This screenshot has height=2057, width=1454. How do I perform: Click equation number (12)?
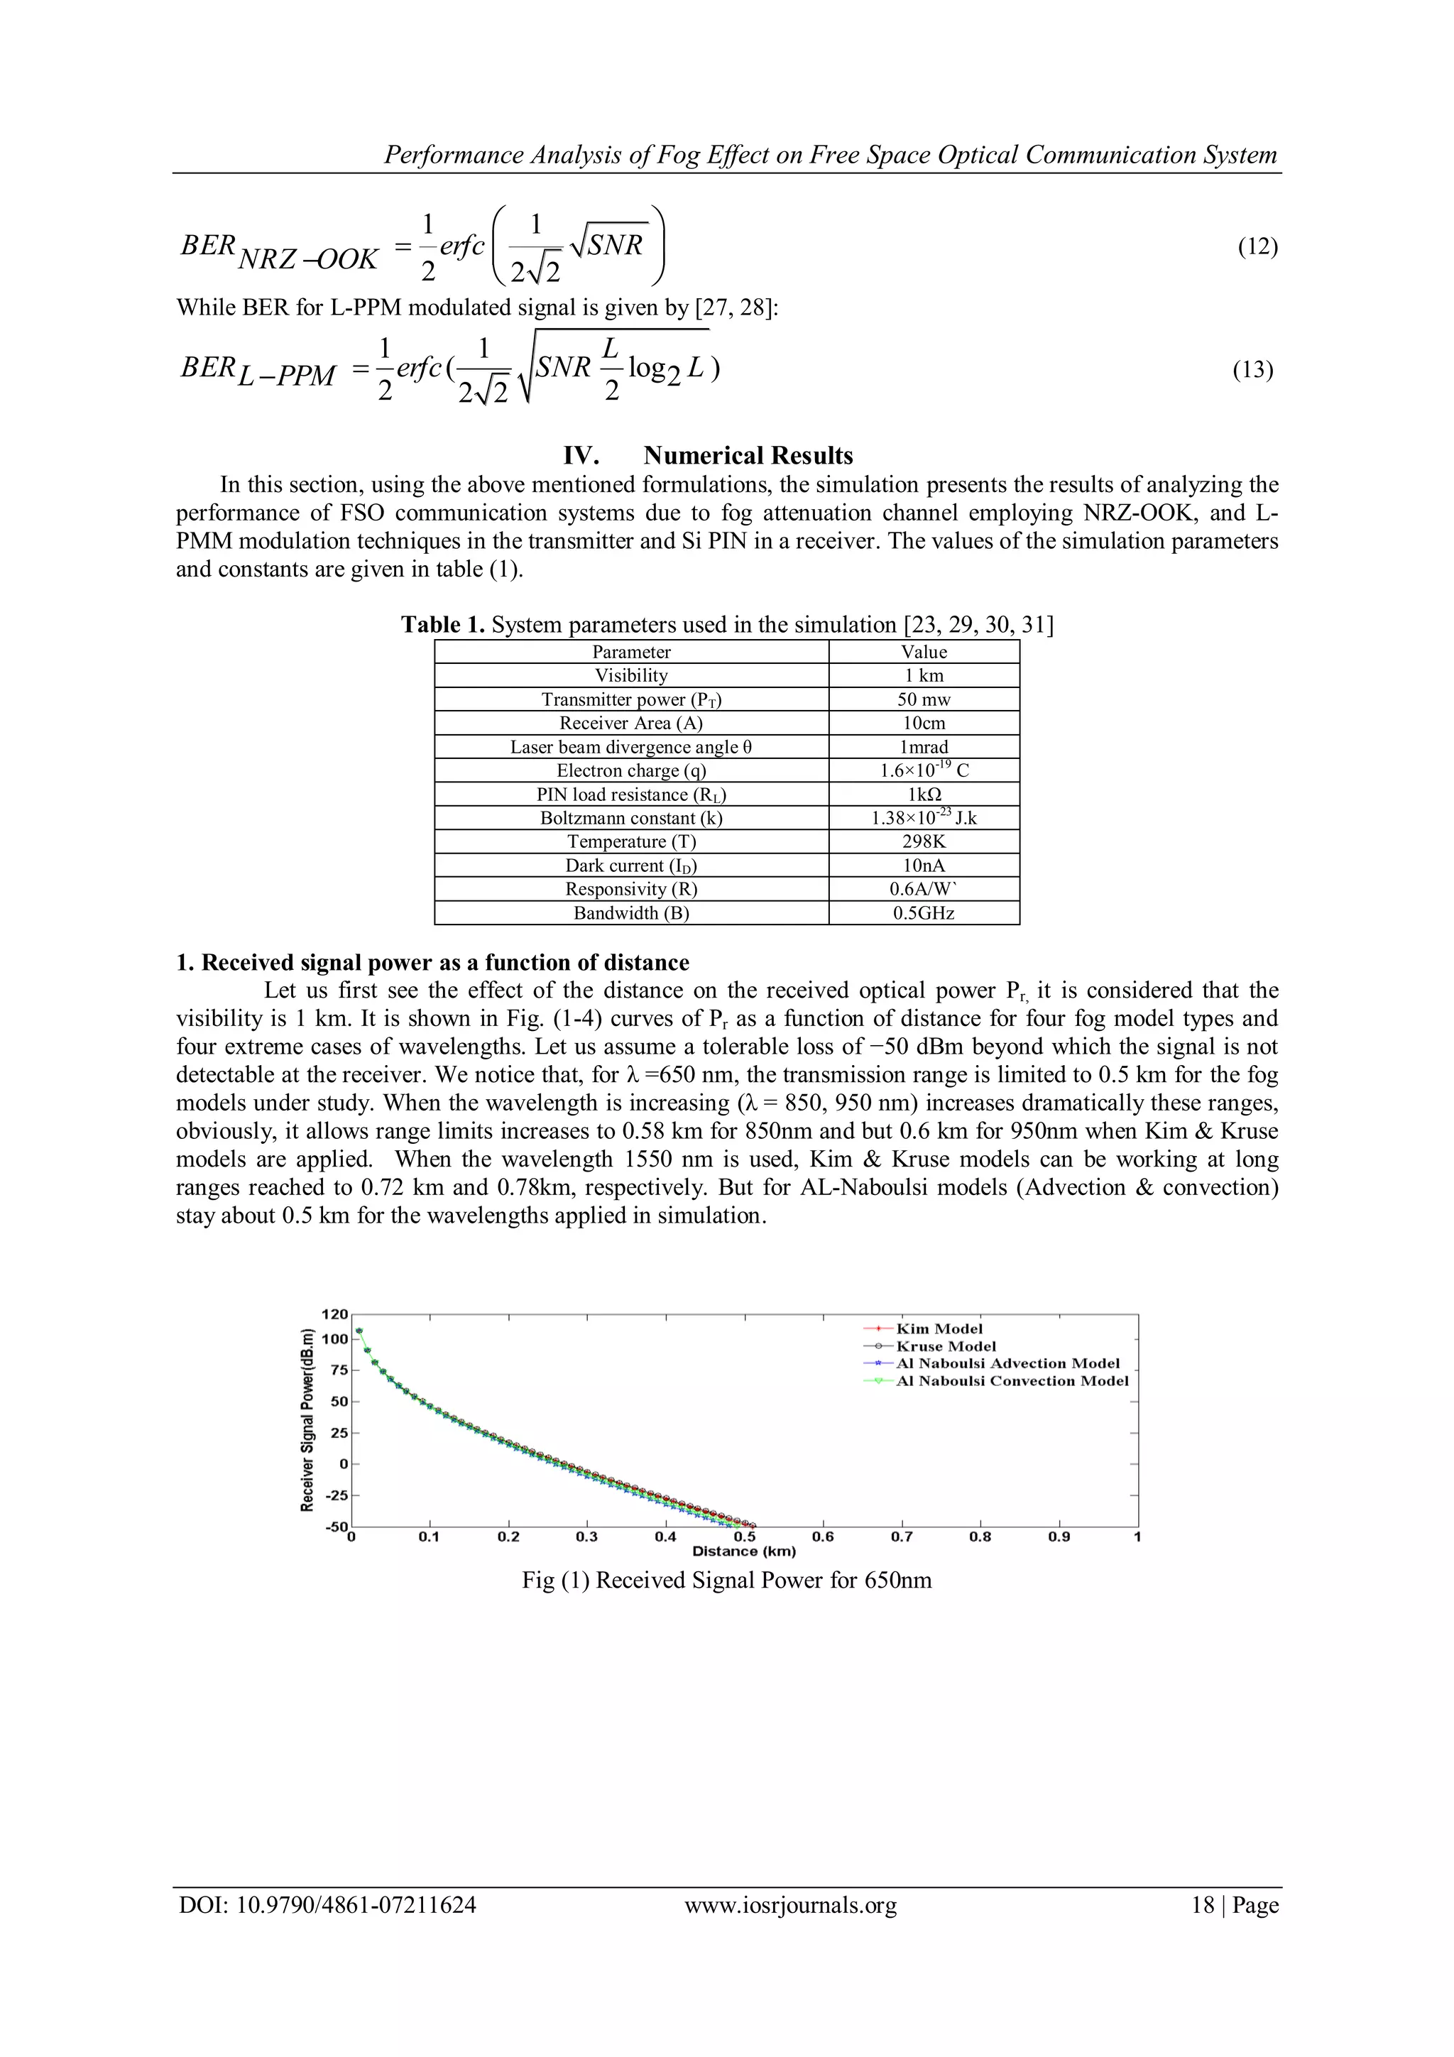pos(1257,247)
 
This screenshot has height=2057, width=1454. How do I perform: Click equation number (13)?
pos(1252,370)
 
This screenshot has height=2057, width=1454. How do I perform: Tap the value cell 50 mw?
pos(924,699)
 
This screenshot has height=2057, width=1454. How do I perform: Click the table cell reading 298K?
pos(924,841)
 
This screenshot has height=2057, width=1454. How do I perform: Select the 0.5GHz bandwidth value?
pos(924,913)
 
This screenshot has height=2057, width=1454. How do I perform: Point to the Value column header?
pos(924,653)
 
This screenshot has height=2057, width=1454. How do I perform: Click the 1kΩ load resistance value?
pos(924,795)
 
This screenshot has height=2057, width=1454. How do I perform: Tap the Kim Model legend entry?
pos(939,1328)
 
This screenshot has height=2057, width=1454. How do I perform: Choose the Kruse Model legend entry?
pos(945,1346)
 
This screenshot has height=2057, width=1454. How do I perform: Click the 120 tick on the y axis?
pos(334,1314)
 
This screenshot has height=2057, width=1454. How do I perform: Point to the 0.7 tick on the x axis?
pos(901,1537)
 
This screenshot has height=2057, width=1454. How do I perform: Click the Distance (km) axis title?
pos(743,1551)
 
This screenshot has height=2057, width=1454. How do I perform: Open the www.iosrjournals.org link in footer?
pos(790,1906)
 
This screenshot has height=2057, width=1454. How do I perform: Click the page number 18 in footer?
pos(1202,1906)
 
